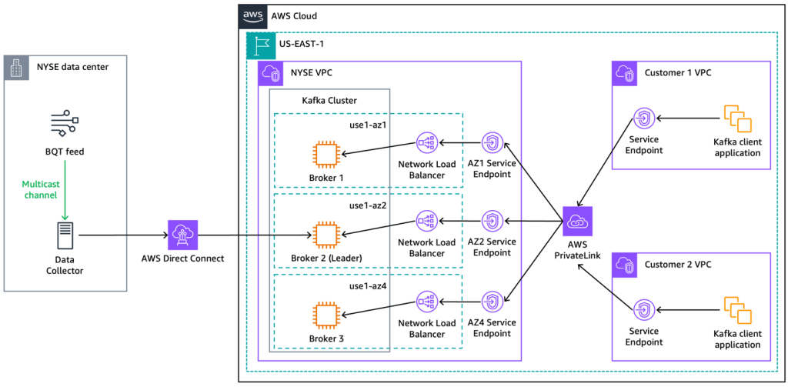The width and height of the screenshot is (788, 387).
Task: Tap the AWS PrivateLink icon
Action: point(577,222)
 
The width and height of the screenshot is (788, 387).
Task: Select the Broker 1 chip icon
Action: point(326,155)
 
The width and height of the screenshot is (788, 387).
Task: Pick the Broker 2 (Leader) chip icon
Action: point(326,235)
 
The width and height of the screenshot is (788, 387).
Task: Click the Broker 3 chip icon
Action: point(326,315)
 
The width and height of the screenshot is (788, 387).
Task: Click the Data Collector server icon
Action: point(65,235)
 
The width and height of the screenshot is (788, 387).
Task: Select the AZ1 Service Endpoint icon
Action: point(492,142)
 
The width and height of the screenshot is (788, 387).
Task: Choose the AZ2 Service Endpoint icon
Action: point(492,222)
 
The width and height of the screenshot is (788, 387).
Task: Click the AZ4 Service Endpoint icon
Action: point(492,302)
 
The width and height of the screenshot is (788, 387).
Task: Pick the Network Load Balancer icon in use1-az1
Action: point(427,142)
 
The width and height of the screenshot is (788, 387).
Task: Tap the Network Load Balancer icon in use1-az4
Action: point(427,302)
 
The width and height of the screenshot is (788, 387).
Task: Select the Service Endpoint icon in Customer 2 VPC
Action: point(643,309)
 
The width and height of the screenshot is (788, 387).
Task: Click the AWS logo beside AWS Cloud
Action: point(253,15)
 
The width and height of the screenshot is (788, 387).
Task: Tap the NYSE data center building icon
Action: point(15,67)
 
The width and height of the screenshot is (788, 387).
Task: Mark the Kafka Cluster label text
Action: point(329,101)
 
